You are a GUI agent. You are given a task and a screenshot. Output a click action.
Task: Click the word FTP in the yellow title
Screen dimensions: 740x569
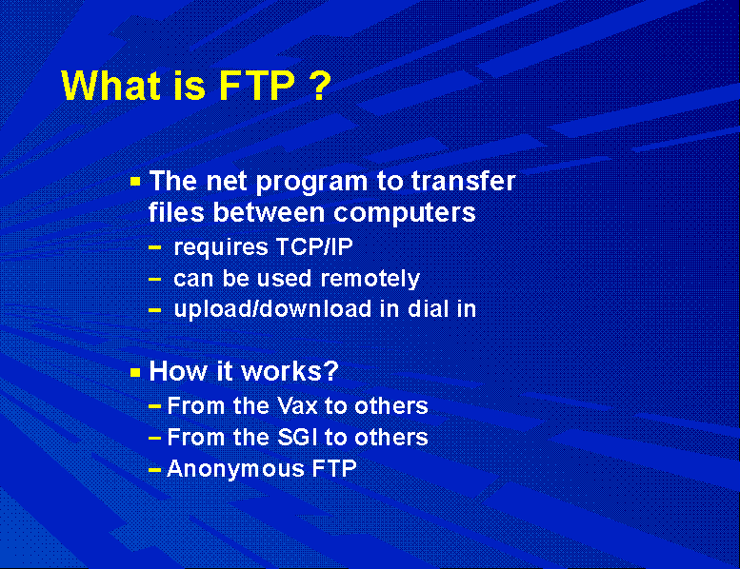[x=257, y=86]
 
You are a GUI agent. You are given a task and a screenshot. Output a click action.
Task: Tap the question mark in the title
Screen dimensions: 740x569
[x=321, y=86]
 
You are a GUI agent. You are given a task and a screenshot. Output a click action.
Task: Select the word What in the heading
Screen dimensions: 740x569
[x=110, y=86]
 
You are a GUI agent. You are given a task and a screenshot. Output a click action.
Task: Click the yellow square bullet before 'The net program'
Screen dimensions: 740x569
[x=135, y=182]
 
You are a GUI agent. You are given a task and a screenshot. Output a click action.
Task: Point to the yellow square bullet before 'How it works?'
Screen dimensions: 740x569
[x=135, y=373]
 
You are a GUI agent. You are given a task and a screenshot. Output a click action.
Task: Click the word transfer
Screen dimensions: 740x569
[x=464, y=181]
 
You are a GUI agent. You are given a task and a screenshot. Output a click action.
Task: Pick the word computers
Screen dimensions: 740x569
[x=405, y=213]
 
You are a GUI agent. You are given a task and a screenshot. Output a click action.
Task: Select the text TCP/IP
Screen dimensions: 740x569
[x=314, y=246]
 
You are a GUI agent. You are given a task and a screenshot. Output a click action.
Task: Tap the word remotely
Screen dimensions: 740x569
[x=370, y=279]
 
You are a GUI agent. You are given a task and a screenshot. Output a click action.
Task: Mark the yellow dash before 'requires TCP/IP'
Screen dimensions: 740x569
[x=155, y=247]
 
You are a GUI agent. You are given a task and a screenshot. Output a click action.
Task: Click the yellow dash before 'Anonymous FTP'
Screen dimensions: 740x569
[x=155, y=470]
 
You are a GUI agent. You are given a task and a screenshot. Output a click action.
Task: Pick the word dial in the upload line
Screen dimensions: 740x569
[x=428, y=309]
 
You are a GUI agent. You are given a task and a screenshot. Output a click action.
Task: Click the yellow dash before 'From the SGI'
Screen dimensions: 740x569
[x=155, y=439]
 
